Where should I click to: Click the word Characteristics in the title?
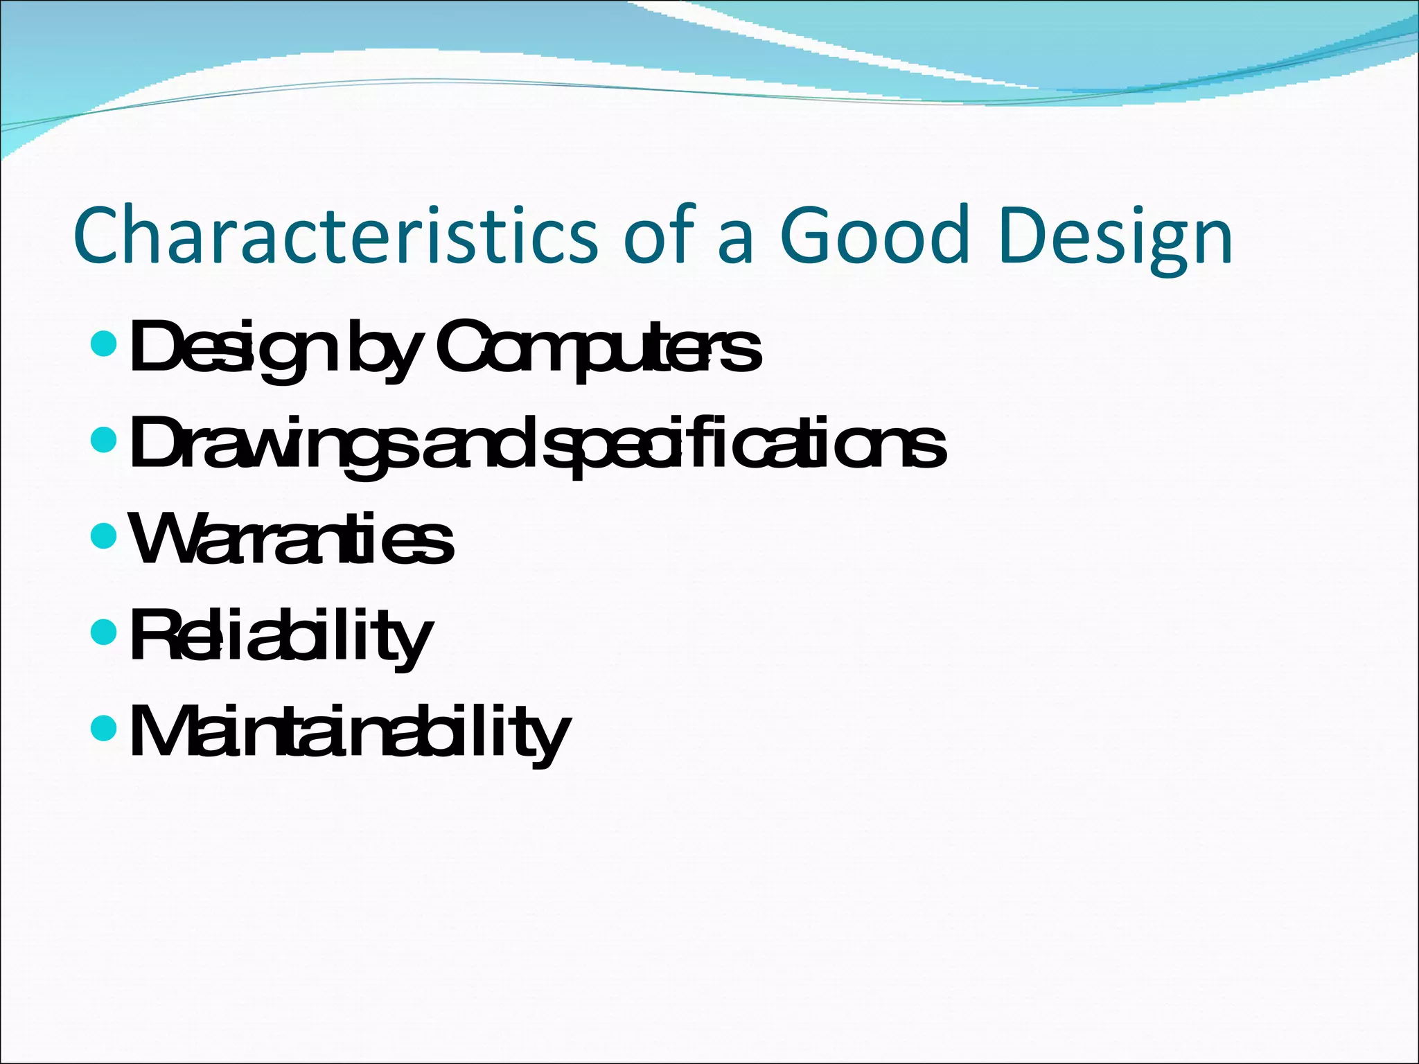[x=335, y=236]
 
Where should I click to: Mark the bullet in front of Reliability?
[x=103, y=632]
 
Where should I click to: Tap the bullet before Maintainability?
[x=103, y=727]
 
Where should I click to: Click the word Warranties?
[x=291, y=540]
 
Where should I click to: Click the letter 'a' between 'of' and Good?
[x=735, y=242]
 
